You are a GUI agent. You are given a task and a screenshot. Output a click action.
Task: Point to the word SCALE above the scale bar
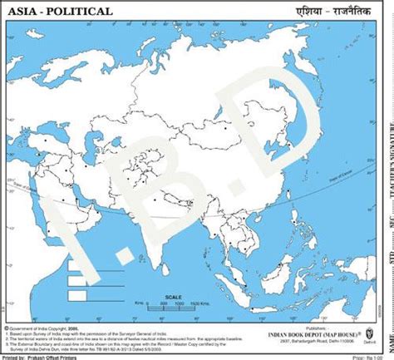172,294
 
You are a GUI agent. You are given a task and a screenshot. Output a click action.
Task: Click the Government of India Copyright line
42,329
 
